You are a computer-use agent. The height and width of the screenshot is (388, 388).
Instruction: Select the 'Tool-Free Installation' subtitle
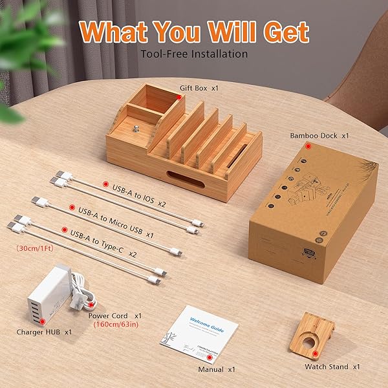click(x=194, y=54)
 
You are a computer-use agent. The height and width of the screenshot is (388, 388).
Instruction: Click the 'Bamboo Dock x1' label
click(x=319, y=136)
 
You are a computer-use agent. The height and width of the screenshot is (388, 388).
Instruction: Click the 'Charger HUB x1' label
click(x=45, y=332)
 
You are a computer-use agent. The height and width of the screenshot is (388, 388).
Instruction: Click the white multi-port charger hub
click(x=52, y=291)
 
